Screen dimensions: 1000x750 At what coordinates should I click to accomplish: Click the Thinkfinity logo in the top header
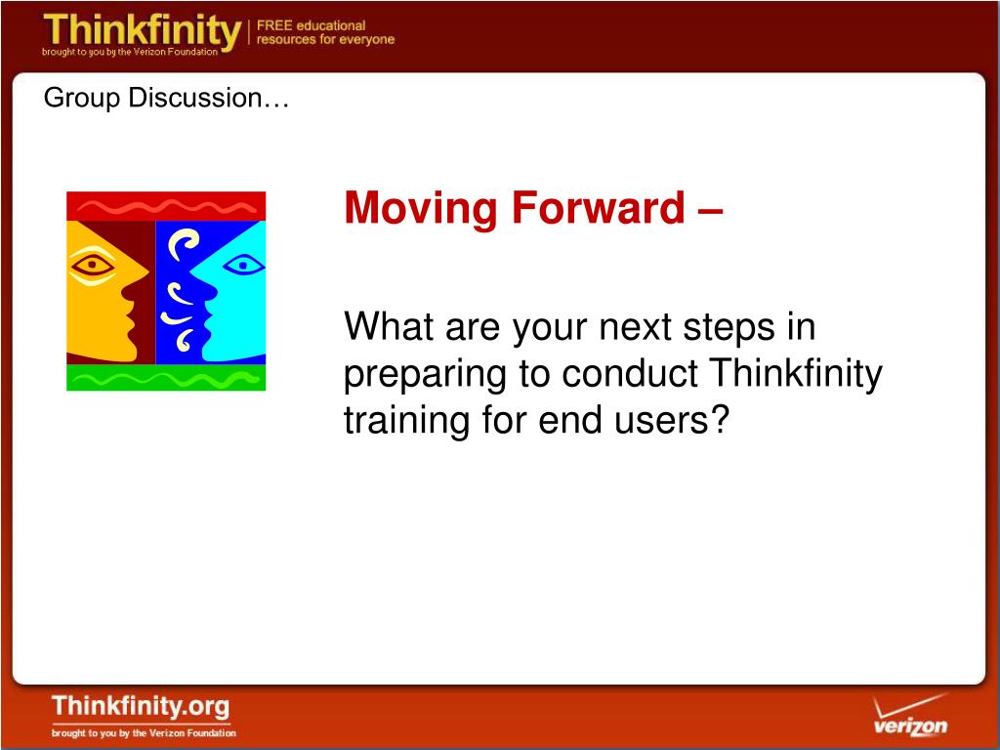142,33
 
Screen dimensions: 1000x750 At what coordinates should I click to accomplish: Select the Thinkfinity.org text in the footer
141,707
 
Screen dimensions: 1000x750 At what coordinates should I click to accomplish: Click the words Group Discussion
166,99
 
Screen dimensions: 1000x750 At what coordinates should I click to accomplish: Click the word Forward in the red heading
599,208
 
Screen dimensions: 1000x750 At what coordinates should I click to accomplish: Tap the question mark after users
720,420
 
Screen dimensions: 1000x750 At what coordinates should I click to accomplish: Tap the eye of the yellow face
93,264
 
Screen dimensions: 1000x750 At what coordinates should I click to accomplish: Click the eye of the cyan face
243,264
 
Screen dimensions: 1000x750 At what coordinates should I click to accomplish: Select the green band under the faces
166,378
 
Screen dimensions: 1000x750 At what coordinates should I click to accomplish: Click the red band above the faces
166,206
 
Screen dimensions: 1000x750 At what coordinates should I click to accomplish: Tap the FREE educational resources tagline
325,32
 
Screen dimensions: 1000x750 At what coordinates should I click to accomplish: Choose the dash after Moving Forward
711,213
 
